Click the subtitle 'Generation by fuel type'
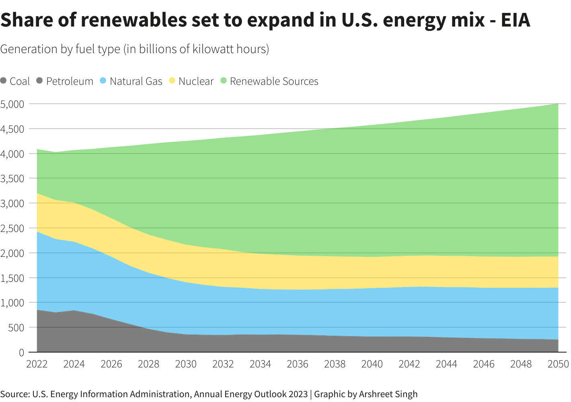pos(60,49)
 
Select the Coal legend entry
pos(15,81)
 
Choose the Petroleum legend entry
pos(65,81)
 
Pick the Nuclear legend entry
pos(191,81)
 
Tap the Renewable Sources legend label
pos(274,81)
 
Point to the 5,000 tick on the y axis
pos(12,104)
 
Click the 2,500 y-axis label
pos(12,228)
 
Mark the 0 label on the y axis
pos(21,353)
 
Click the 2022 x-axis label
pos(37,364)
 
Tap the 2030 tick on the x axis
pos(186,364)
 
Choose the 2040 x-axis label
pos(372,364)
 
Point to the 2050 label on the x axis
pos(558,364)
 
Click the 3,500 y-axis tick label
pos(12,178)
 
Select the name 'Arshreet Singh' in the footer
pos(388,394)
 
